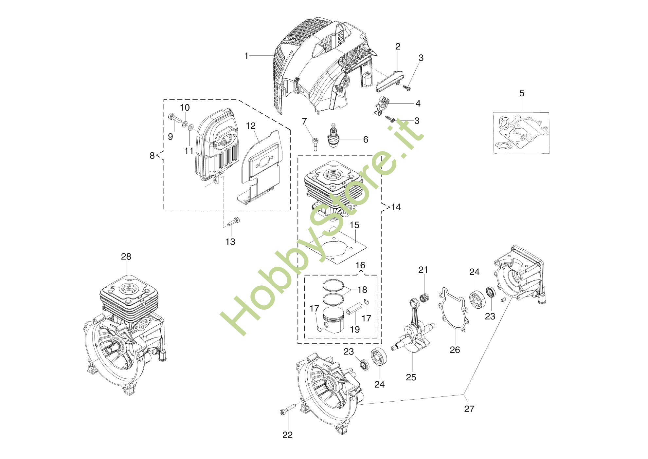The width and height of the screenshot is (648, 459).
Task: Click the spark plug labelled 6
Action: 333,137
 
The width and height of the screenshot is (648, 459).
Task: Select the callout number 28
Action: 126,257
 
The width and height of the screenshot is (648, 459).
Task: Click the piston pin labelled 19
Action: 354,309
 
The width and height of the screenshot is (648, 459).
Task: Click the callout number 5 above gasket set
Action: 522,93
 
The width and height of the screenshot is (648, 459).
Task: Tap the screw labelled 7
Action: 315,143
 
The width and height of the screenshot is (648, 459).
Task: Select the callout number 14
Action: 396,207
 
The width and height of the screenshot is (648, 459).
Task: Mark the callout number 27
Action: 469,409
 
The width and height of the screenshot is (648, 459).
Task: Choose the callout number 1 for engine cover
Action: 246,56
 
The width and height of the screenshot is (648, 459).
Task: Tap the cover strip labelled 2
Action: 390,80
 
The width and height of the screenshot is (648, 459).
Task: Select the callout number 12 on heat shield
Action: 251,126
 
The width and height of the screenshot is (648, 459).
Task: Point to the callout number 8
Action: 152,156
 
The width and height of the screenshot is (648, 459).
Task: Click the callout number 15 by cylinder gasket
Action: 354,225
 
